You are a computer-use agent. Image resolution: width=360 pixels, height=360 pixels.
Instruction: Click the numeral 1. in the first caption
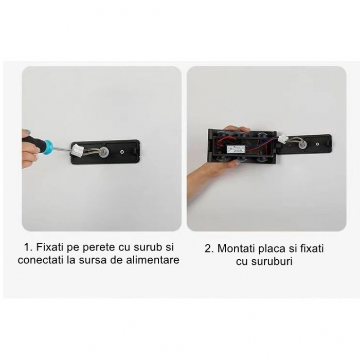pos(28,247)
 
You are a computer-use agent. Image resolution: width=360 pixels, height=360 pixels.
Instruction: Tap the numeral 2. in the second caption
pos(209,248)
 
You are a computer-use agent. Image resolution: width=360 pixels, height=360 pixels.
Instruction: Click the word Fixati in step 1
pos(50,247)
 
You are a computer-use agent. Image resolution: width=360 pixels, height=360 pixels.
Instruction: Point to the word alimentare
pos(153,260)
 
